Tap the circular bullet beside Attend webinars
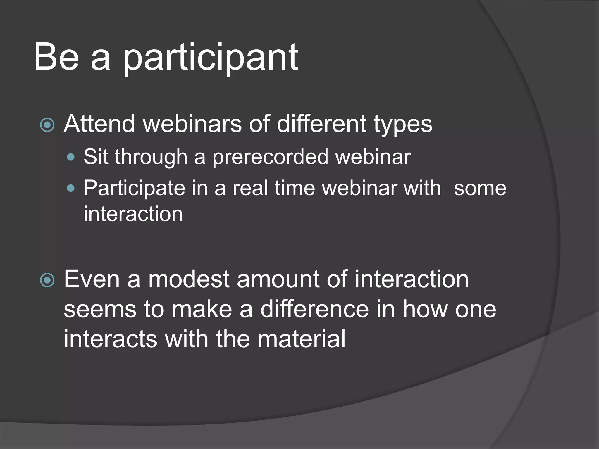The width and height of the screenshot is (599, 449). pos(47,125)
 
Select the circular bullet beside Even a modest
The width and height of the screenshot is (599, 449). pos(47,280)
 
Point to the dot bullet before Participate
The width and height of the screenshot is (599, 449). pos(70,189)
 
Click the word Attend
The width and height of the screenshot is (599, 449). pos(99,124)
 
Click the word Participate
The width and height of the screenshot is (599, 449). pos(134,189)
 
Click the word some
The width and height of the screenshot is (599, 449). pos(480,189)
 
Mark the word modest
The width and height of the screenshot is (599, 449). pos(189,279)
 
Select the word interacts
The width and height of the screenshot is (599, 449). pos(111,339)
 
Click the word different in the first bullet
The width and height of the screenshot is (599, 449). pos(321,124)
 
